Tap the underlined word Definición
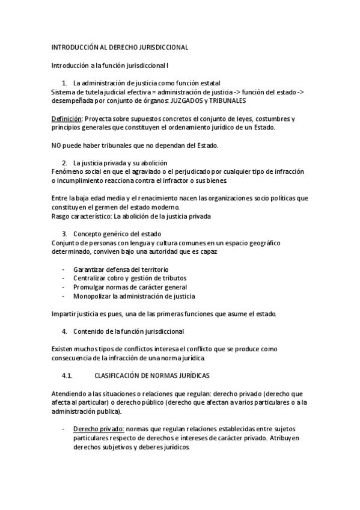pyautogui.click(x=66, y=119)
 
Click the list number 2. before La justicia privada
pyautogui.click(x=64, y=163)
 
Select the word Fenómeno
pyautogui.click(x=67, y=172)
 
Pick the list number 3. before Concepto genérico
pyautogui.click(x=64, y=233)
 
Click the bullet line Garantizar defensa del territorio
pyautogui.click(x=121, y=269)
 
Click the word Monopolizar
pyautogui.click(x=92, y=296)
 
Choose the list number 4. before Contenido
pyautogui.click(x=64, y=331)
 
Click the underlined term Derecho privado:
pyautogui.click(x=99, y=429)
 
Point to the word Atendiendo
pyautogui.click(x=69, y=393)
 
